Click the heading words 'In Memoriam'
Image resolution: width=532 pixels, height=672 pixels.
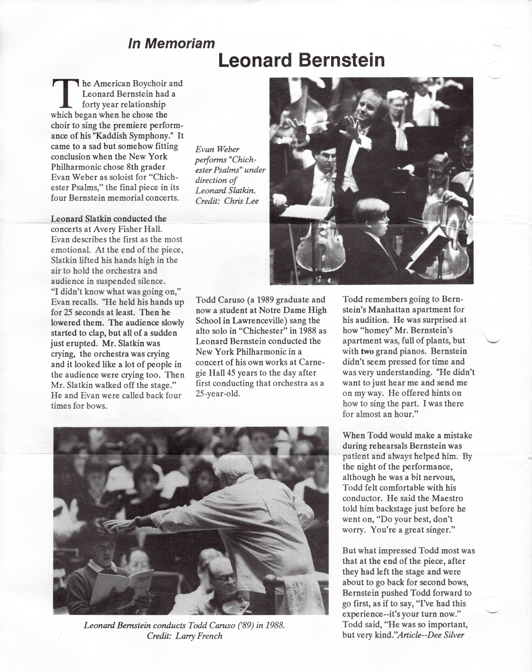171,44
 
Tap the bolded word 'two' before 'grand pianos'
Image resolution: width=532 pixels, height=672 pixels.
367,352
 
